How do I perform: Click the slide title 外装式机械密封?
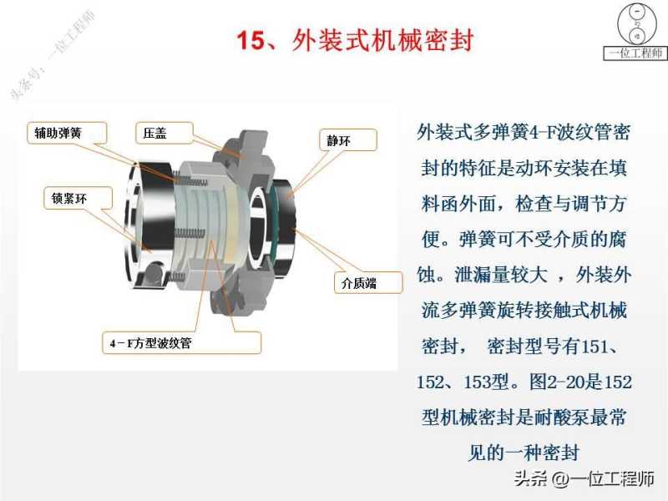pyautogui.click(x=382, y=40)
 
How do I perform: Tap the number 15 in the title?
pyautogui.click(x=251, y=41)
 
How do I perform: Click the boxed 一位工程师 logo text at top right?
pyautogui.click(x=635, y=53)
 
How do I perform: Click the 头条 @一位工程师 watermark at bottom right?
pyautogui.click(x=584, y=478)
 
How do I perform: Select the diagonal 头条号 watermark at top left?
pyautogui.click(x=52, y=56)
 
